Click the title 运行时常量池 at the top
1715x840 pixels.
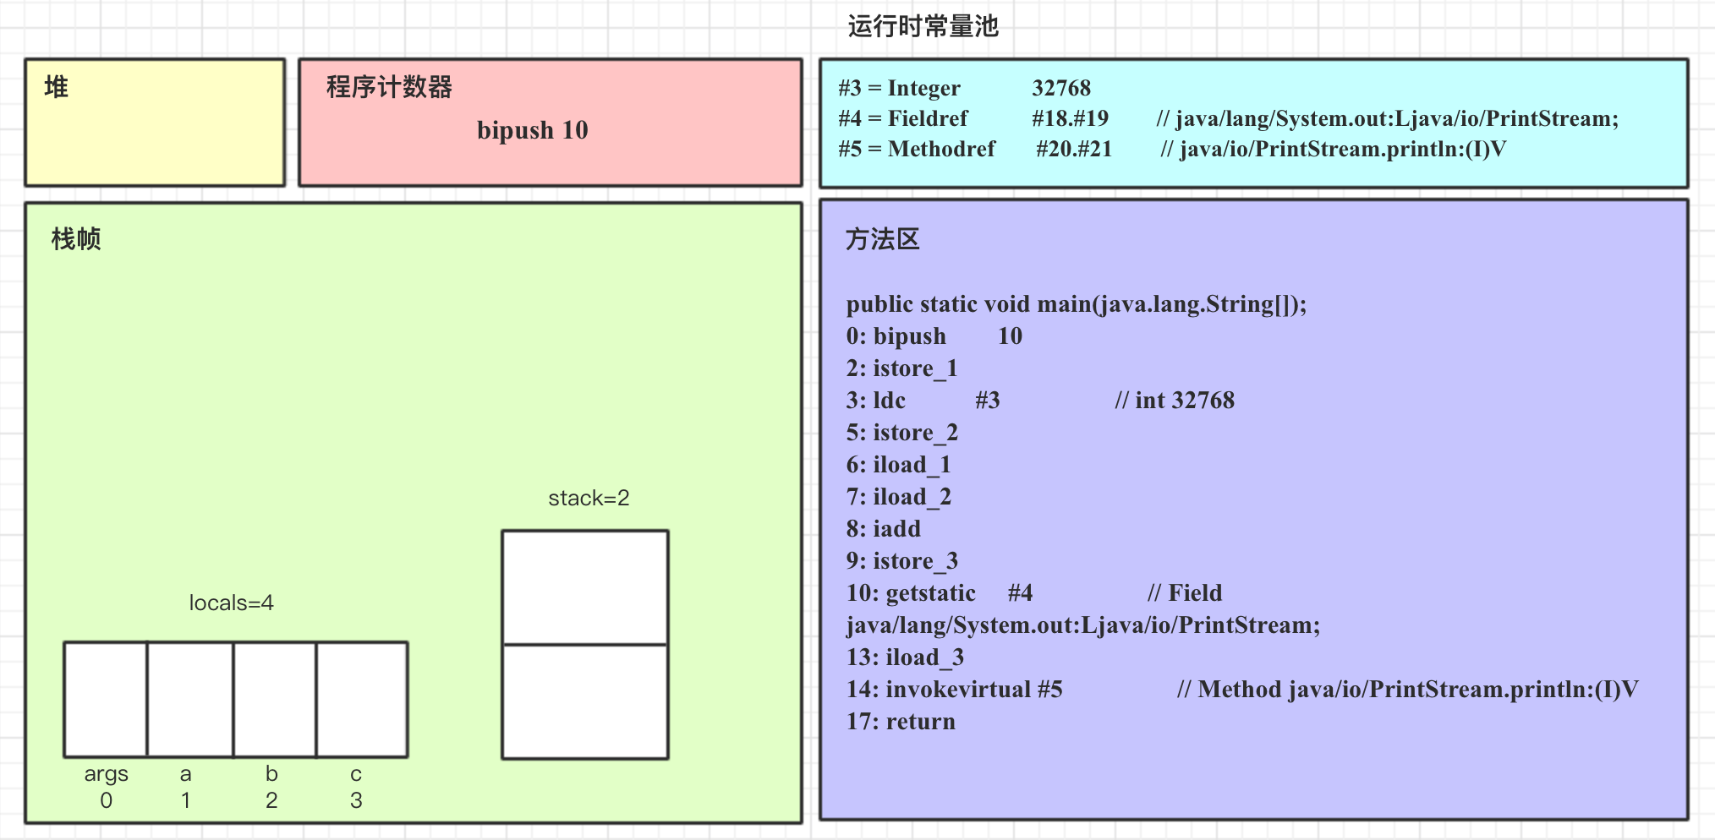pos(923,27)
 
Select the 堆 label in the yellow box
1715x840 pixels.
pos(57,87)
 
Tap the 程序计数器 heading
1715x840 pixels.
pos(389,87)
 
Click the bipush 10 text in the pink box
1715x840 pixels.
pos(532,130)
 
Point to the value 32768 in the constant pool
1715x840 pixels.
pos(1061,88)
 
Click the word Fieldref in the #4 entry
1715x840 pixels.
pos(928,118)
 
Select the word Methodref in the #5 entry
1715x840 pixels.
pos(941,149)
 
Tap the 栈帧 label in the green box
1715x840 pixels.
pos(76,239)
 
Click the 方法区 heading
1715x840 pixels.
pos(882,240)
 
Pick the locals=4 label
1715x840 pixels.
pos(231,603)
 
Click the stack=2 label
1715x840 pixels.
pos(589,498)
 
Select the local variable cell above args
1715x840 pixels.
pos(106,699)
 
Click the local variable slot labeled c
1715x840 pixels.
pos(362,699)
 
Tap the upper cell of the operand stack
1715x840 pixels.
pos(585,587)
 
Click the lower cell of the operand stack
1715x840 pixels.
pos(585,701)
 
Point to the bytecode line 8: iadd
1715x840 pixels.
pos(884,529)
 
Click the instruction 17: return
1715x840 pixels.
pos(901,722)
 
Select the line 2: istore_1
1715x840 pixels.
pos(901,368)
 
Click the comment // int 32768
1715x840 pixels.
pos(1175,401)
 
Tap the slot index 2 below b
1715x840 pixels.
pos(271,800)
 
